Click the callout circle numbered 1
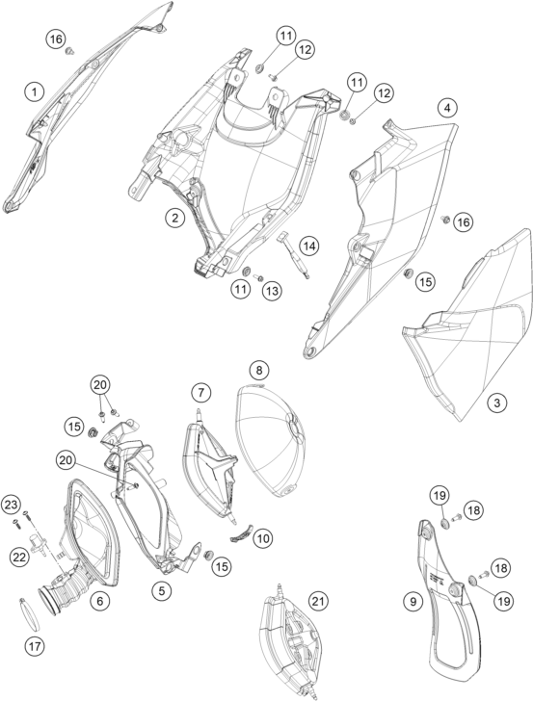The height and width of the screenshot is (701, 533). [x=35, y=93]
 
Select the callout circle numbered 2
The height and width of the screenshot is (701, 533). [x=174, y=218]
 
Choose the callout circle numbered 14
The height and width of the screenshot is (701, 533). [x=309, y=246]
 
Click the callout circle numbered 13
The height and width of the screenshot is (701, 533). [x=272, y=291]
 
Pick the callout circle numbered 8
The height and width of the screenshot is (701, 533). [x=259, y=370]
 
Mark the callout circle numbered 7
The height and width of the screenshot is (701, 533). [x=200, y=393]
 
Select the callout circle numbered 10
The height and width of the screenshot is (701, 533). [x=264, y=538]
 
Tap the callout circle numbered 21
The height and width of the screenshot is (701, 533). [x=317, y=602]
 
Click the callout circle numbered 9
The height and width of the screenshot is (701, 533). [x=413, y=602]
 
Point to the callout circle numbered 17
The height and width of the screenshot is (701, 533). [x=35, y=645]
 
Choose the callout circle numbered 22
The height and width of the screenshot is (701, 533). [x=20, y=557]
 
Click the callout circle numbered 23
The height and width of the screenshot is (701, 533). [x=12, y=506]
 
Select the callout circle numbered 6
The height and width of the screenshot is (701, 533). [x=99, y=601]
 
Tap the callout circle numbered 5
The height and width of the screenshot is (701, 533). [x=161, y=590]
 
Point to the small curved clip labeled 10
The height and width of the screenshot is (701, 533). [x=242, y=533]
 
